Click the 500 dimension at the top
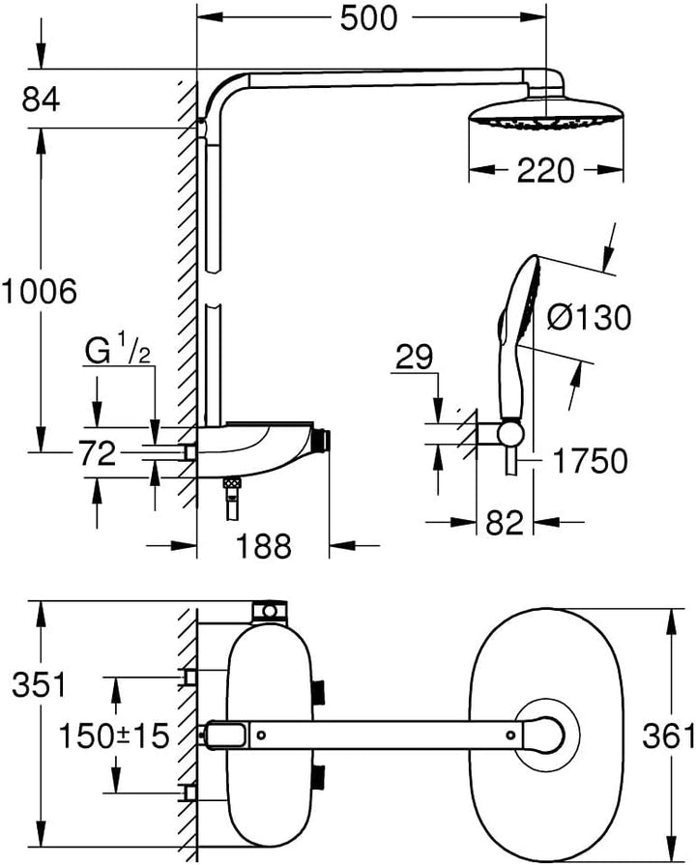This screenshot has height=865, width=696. pos(368,18)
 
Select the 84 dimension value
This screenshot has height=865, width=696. pos(40,99)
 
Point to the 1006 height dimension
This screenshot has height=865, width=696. pos(39,290)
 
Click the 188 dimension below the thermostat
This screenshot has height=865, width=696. pos(262,547)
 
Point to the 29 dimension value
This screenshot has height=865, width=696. pos(415,360)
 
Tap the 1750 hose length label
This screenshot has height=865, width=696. pos(592,461)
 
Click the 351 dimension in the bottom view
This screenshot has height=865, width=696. pos(39,684)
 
